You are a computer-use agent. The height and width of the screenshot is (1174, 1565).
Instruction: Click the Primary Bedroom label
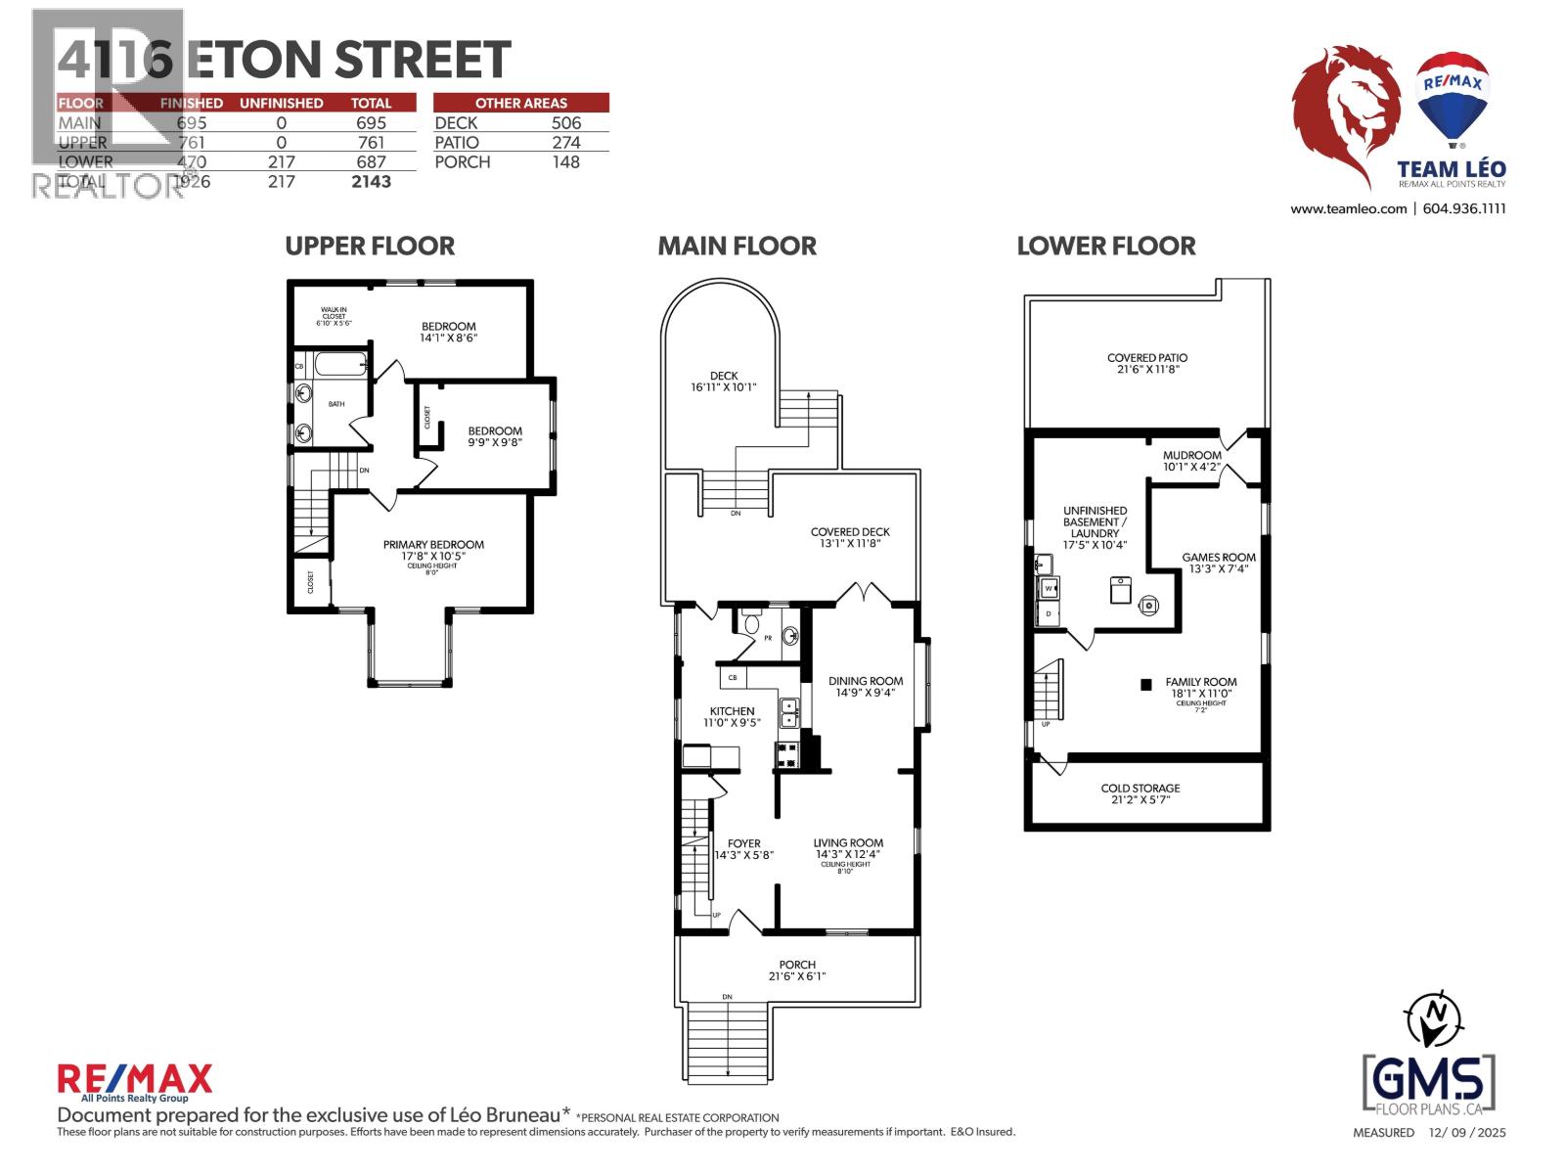433,545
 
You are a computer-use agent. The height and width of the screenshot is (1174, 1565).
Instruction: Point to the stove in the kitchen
787,753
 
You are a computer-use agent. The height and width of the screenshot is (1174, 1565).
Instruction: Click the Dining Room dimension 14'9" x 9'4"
866,693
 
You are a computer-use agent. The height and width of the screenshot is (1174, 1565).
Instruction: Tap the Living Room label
848,842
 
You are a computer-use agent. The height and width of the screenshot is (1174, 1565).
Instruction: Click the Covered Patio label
1147,358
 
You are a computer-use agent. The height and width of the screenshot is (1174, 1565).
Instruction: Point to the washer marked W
1049,588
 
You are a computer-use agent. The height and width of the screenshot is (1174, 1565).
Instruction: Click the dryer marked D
1049,613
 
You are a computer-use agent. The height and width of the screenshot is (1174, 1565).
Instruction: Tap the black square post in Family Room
1145,685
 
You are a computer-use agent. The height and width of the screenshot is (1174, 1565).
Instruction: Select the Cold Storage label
1140,788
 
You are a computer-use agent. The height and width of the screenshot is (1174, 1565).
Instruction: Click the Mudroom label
1191,455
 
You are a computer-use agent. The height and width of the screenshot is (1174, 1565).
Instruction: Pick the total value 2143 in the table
371,181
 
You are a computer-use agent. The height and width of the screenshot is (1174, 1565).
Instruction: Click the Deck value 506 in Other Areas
565,122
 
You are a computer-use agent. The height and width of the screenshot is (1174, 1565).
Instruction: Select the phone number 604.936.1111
1464,208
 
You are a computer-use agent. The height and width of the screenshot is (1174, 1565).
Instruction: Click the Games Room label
1218,558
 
